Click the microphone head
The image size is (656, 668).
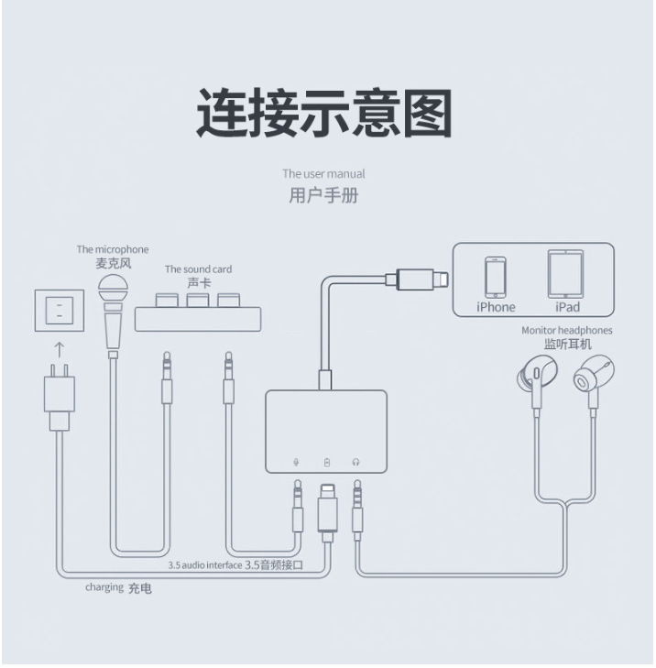coord(113,289)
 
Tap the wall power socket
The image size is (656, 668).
coord(60,311)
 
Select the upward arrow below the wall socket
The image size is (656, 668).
coord(60,349)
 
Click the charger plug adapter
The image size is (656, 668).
coord(60,397)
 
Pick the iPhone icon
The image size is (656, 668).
coord(496,277)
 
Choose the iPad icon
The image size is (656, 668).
coord(565,274)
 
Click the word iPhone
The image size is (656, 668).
coord(496,307)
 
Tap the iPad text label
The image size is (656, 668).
coord(567,307)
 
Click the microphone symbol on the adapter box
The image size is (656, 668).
coord(297,462)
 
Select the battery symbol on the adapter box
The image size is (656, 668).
coord(327,462)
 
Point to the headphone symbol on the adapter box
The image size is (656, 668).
coord(355,462)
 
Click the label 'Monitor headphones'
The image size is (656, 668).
coord(566,330)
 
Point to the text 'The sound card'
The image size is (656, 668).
coord(198,269)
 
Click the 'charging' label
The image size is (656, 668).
coord(104,587)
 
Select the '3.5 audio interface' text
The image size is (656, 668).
coord(205,565)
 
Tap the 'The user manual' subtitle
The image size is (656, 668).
coord(323,174)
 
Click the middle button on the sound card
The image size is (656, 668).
coord(198,300)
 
